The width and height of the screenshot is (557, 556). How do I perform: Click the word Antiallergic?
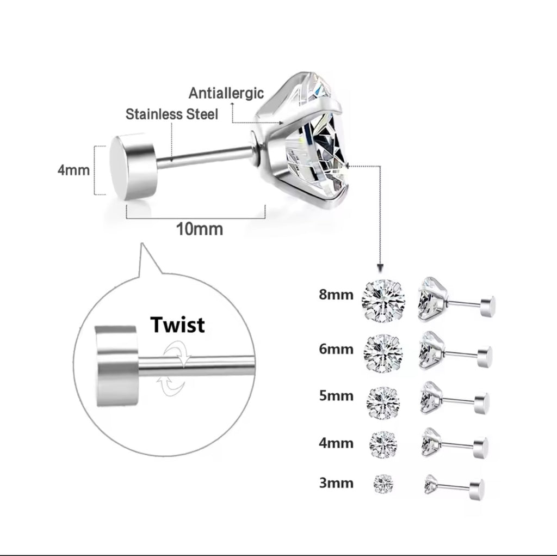[x=226, y=93]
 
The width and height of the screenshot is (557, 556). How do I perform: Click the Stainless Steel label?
[x=172, y=114]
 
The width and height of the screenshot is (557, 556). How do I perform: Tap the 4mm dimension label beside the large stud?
[x=73, y=170]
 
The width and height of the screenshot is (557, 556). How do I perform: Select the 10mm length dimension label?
[x=199, y=229]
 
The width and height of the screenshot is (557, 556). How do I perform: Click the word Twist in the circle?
[x=178, y=325]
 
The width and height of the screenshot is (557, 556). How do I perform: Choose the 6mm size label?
[x=336, y=349]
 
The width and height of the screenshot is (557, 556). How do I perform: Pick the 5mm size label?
[x=336, y=396]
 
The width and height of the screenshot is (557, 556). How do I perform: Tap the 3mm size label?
[x=336, y=482]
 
